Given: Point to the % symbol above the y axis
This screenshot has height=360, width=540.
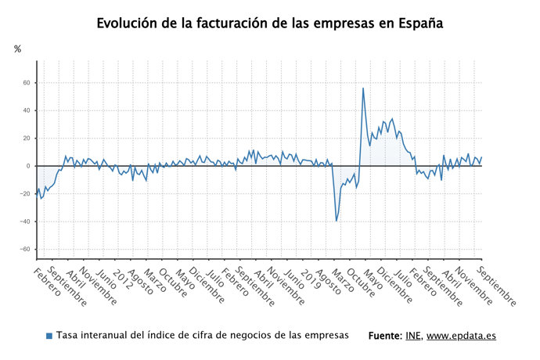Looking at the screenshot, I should tap(18, 49).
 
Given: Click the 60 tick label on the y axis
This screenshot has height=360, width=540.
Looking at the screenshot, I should tap(26, 83).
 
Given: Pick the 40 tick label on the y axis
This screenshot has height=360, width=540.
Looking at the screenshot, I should tap(26, 110).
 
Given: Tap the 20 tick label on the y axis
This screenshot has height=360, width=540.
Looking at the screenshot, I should tap(26, 139).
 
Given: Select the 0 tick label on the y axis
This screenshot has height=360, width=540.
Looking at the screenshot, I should tap(28, 166).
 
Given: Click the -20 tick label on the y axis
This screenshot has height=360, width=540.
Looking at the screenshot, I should tap(24, 194).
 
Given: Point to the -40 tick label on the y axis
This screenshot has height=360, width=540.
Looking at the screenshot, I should tap(24, 221).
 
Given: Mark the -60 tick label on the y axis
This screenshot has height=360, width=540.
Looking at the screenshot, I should tap(24, 250).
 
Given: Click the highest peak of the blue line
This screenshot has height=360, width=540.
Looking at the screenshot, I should tap(362, 88).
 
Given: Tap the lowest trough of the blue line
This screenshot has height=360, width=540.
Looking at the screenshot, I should tap(337, 221).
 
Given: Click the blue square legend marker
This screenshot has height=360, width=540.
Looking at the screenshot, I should tap(49, 336).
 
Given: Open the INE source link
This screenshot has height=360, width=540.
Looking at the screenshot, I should tap(412, 336).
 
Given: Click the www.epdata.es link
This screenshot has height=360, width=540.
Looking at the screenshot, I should tap(461, 336).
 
